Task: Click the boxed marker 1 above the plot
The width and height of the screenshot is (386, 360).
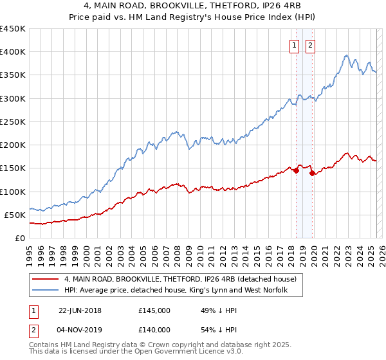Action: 294,45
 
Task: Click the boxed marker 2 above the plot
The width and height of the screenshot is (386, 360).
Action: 310,45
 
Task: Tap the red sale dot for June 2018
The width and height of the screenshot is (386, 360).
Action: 296,171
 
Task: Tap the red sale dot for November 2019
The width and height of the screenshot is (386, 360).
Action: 311,173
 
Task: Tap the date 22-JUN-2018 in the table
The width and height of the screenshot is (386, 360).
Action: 80,310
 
